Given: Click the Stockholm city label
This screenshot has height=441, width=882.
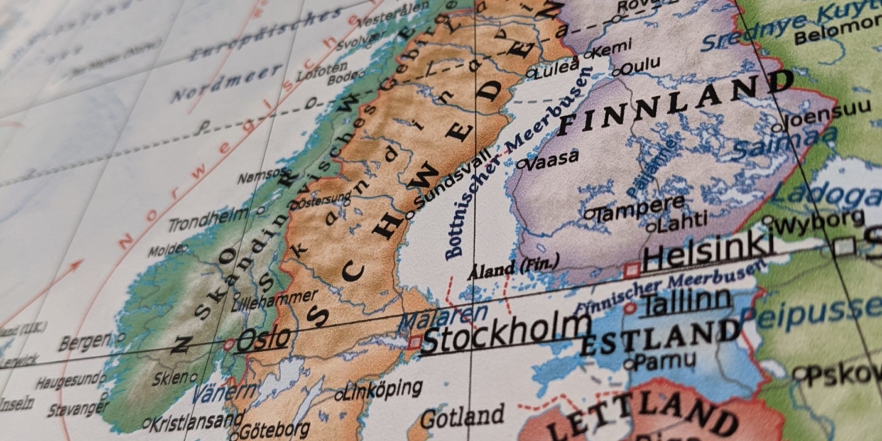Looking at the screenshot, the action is pos(506,333).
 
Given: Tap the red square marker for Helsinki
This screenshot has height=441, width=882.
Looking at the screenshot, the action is pos(632,270).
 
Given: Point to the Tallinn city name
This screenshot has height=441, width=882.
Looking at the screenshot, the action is pos(685,300).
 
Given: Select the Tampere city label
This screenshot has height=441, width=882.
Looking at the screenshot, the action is pos(639,209).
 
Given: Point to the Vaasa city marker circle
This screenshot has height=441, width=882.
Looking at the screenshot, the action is pos(521,164).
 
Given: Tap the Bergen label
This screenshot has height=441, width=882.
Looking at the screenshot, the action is pos(84,341).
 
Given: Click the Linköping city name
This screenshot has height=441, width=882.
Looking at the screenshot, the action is pos(384,389).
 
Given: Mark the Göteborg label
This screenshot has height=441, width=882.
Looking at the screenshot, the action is pos(274,429).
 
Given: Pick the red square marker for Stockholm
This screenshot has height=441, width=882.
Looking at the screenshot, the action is pos(415,341).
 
